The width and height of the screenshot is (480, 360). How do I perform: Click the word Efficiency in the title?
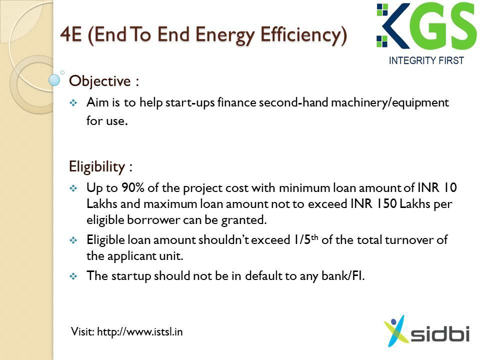coord(303,35)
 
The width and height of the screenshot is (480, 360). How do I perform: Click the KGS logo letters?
coord(426,25)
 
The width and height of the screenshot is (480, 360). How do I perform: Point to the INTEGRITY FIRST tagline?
coord(426,60)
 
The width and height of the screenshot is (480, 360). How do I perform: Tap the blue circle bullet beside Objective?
coord(54,80)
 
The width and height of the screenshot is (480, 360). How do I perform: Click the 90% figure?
coord(133,187)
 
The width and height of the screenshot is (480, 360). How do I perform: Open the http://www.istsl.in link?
coord(139,332)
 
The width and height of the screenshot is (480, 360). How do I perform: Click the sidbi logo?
coord(426,331)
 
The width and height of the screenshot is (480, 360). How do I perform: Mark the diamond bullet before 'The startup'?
coord(73,276)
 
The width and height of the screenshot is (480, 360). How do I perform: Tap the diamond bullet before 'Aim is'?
coord(73,103)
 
